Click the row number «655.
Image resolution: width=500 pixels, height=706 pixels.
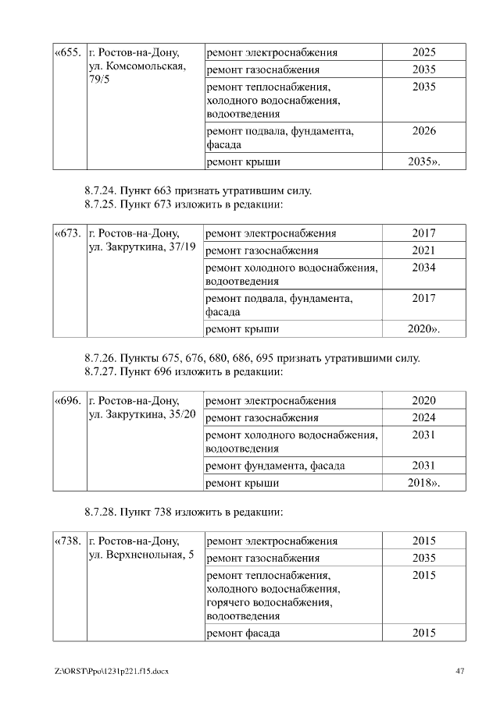point(68,53)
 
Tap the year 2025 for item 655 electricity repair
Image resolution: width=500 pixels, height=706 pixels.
point(423,53)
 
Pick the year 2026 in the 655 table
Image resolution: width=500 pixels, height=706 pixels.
point(423,131)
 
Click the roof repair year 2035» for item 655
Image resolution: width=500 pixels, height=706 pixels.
point(424,162)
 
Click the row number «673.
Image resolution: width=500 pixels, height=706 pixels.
point(68,233)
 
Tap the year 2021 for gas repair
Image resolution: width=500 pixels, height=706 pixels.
point(423,250)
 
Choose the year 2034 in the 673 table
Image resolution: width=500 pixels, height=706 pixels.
point(423,268)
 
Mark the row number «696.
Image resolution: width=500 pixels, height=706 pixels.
point(68,401)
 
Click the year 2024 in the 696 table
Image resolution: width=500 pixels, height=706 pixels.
point(423,417)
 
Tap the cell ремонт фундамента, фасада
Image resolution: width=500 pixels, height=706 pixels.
point(275,466)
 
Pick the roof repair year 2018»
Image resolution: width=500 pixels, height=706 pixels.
point(424,483)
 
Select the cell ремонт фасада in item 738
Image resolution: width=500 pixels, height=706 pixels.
point(243,633)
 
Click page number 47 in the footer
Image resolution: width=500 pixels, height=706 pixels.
point(460,671)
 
